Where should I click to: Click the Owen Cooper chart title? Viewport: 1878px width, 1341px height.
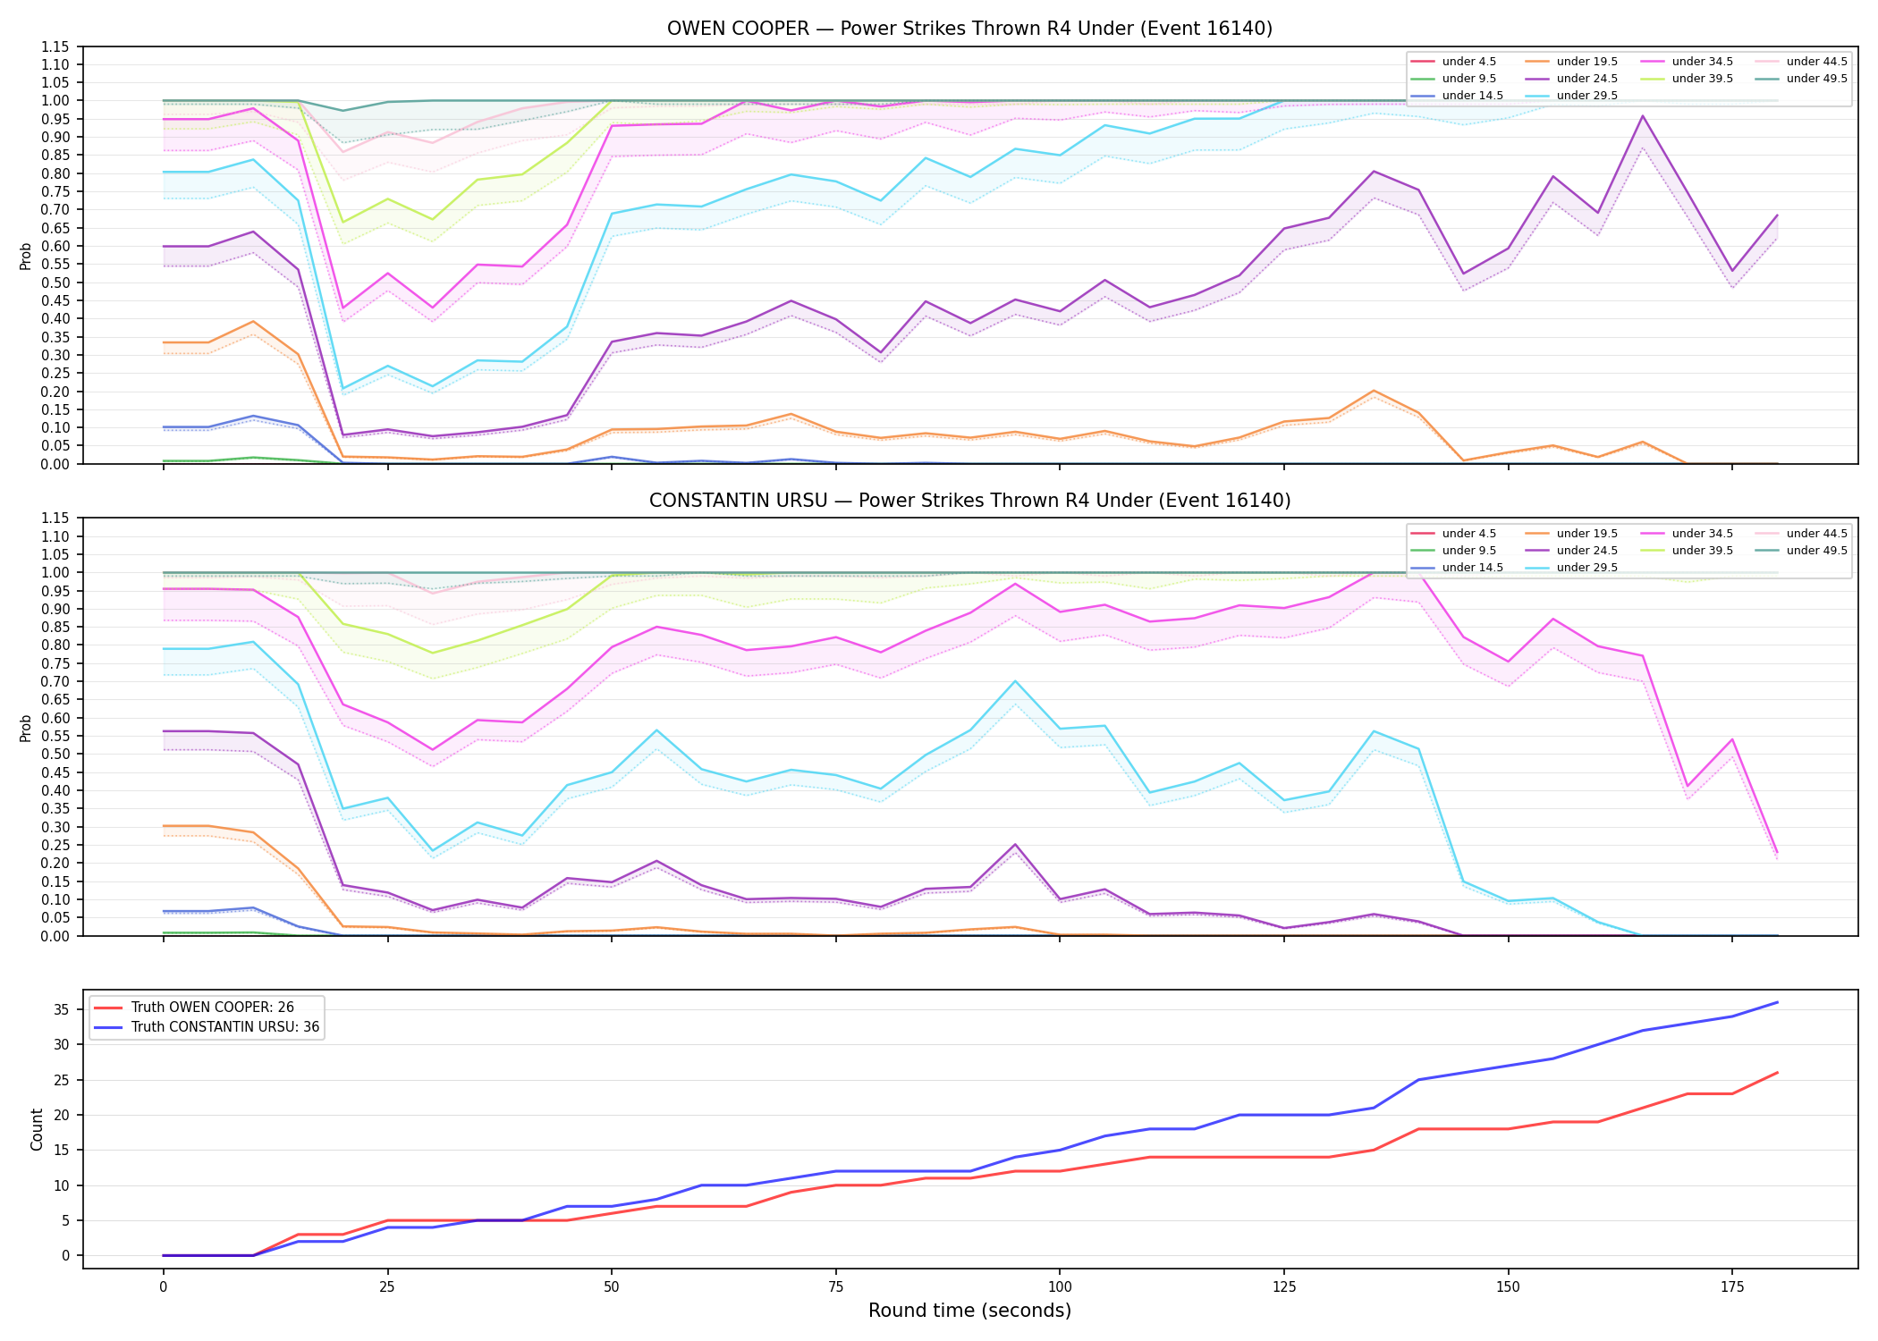tap(969, 29)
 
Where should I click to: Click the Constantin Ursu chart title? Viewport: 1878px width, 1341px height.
tap(969, 501)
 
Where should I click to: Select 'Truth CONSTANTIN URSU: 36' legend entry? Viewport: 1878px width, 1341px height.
tap(206, 1027)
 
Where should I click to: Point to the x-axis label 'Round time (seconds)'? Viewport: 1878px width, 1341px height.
tap(969, 1311)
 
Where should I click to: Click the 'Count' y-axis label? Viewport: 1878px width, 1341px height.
tap(37, 1129)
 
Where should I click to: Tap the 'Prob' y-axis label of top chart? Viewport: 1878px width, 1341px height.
tap(26, 256)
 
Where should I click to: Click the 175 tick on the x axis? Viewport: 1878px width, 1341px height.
tap(1732, 1287)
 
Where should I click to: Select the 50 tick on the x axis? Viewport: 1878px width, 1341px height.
tap(611, 1287)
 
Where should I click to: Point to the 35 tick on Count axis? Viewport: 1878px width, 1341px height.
tap(63, 1010)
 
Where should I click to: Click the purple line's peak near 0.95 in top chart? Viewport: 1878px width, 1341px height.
tap(1642, 115)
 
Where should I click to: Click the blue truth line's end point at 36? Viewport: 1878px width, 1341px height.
tap(1777, 1002)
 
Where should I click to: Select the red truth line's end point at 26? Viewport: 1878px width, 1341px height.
tap(1777, 1073)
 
